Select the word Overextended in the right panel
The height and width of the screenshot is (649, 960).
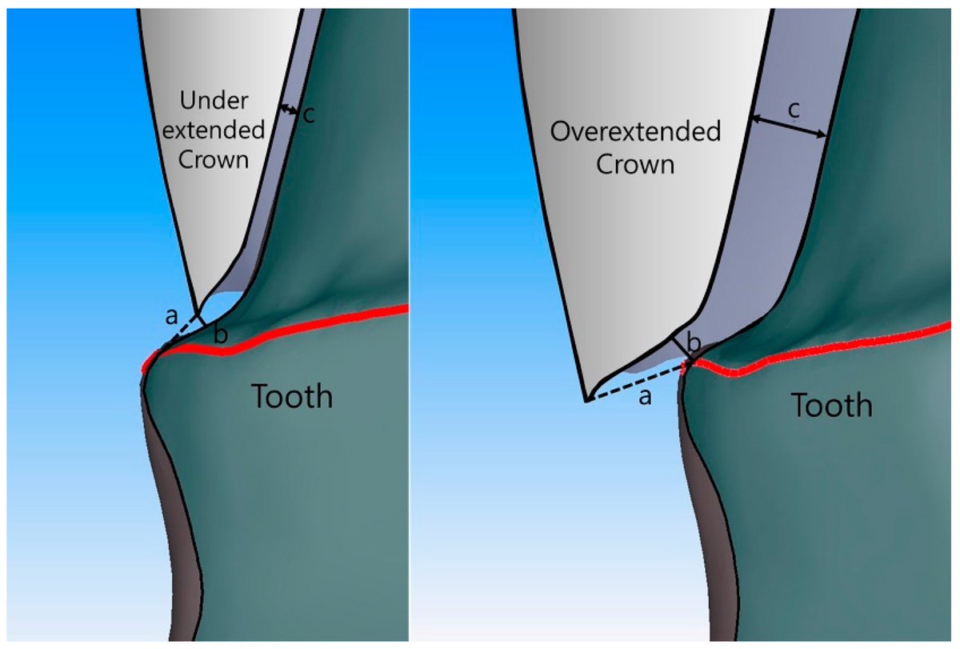pos(635,132)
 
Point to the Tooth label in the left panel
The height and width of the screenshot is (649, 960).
pos(292,395)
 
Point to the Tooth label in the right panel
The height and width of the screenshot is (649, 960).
pos(831,405)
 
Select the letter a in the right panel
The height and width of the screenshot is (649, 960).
pos(644,398)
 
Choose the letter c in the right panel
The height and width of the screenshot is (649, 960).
pos(793,110)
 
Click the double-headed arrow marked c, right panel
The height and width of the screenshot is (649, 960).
pos(788,128)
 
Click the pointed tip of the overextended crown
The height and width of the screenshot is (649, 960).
pos(586,399)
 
